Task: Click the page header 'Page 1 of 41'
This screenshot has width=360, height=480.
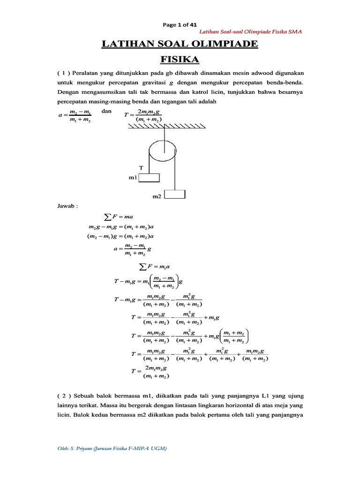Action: coord(180,25)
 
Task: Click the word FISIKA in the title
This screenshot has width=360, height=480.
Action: coord(180,60)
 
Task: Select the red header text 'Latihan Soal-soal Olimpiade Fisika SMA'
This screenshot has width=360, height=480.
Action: coord(250,31)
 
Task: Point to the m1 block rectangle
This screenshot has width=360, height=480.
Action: coord(149,178)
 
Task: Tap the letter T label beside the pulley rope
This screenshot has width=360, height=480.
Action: coord(140,167)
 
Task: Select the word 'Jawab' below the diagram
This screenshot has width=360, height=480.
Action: coord(66,206)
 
